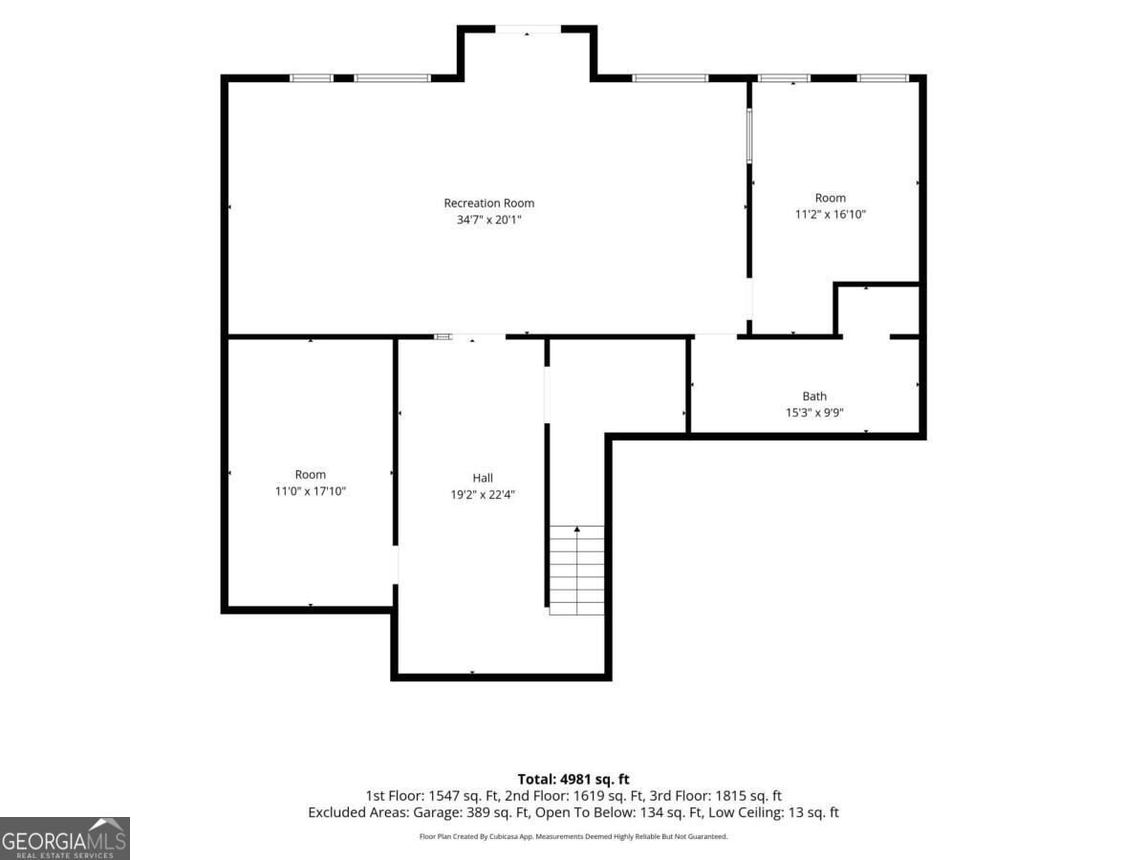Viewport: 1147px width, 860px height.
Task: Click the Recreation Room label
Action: click(x=488, y=204)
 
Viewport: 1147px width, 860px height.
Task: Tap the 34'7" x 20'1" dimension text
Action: click(x=488, y=220)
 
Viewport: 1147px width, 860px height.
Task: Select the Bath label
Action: click(x=814, y=397)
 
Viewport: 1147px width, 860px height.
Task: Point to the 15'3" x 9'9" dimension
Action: click(x=814, y=413)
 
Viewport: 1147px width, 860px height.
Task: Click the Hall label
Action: click(x=483, y=478)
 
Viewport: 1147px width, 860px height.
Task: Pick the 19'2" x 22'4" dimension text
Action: click(x=483, y=494)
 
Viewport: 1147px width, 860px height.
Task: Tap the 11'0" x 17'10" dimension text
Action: click(x=311, y=491)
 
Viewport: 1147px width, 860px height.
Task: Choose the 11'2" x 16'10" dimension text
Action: click(x=831, y=215)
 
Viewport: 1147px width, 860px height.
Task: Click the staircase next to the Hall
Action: click(x=576, y=570)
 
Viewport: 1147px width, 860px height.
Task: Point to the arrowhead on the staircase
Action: click(x=577, y=529)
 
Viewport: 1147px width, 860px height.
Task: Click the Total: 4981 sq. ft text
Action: click(x=573, y=779)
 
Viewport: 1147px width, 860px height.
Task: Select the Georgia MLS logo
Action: click(x=65, y=838)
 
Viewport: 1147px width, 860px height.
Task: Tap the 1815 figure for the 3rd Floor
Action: click(x=731, y=796)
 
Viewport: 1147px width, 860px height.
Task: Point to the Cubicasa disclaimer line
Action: click(x=573, y=836)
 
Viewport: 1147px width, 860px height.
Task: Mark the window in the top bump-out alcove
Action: click(x=528, y=30)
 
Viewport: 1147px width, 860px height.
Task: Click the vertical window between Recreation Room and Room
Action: click(x=748, y=136)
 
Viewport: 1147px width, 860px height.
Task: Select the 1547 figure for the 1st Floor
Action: click(x=445, y=796)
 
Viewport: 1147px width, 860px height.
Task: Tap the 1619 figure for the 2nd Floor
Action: click(x=590, y=796)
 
